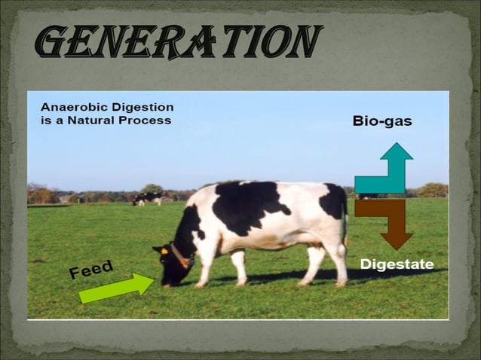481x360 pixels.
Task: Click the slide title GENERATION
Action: (x=179, y=42)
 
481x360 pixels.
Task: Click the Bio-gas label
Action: (x=381, y=121)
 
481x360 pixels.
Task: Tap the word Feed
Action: (x=91, y=269)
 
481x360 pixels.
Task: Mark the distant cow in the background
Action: (x=149, y=198)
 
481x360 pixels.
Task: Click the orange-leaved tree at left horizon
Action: (x=42, y=195)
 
